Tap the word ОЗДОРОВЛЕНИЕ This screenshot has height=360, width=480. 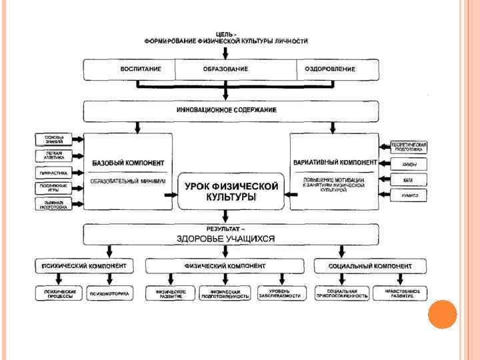point(330,69)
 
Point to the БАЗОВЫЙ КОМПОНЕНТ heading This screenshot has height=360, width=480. point(128,163)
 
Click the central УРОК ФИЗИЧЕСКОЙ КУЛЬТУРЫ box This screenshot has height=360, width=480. point(231,191)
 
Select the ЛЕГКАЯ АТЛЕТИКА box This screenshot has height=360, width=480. point(55,156)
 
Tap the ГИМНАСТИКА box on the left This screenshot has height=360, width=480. point(55,172)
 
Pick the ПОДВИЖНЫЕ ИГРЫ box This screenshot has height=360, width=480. point(55,187)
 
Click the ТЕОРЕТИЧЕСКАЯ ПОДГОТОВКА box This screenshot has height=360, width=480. point(408,146)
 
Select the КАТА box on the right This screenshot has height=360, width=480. point(408,179)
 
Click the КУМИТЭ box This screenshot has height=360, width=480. point(408,195)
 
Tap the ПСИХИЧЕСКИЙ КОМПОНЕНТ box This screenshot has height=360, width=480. point(84,265)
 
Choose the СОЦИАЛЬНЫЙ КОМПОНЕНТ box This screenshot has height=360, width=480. point(370,265)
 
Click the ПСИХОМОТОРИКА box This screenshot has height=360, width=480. point(110,293)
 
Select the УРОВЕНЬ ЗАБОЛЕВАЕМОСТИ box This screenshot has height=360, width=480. point(281,293)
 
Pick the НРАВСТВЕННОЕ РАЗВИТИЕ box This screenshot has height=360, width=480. point(401,293)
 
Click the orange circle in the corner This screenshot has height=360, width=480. point(442,315)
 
